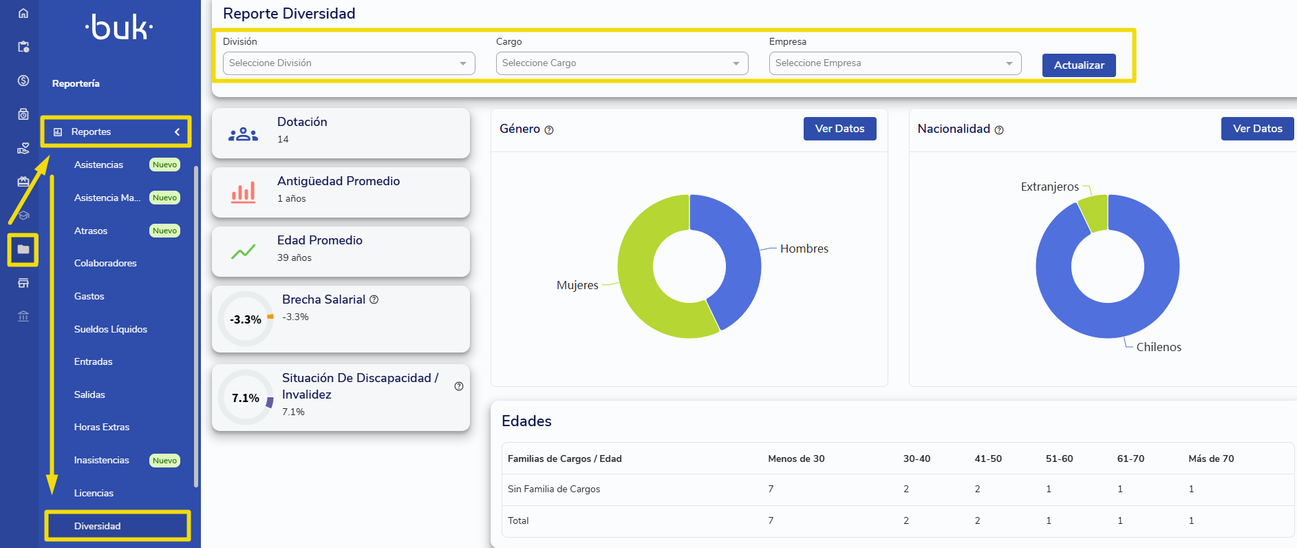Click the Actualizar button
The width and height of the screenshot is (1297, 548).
[x=1079, y=65]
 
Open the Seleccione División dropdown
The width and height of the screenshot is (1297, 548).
[x=349, y=63]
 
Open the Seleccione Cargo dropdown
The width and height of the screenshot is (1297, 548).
[x=622, y=63]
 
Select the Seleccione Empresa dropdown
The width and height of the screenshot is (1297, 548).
[x=895, y=63]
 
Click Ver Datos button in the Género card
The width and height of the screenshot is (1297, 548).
[x=839, y=129]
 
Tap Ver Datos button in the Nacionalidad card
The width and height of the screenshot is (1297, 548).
[x=1257, y=129]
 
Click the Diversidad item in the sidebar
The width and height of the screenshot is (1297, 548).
[x=98, y=526]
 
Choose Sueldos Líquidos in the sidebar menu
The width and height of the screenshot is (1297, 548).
[x=111, y=329]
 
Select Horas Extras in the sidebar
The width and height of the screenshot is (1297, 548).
[x=102, y=427]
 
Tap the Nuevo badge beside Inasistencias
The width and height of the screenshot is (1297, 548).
[x=165, y=461]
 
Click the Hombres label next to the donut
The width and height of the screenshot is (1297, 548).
[x=804, y=249]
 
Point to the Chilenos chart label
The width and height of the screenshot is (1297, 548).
[x=1159, y=347]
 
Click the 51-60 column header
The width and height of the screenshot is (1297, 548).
[x=1060, y=459]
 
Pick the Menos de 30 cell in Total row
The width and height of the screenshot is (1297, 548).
[x=771, y=520]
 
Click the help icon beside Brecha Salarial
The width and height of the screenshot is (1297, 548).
[x=374, y=299]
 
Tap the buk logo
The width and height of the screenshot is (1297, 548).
[x=119, y=28]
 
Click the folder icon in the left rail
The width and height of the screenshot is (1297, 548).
[x=23, y=249]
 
